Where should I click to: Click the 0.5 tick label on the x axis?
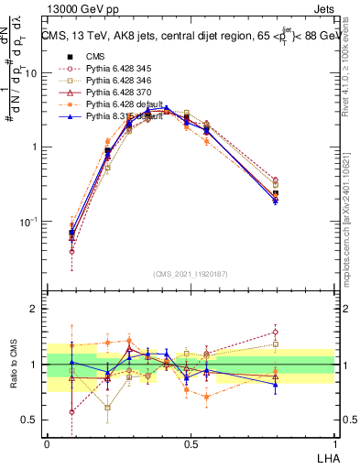[191, 442]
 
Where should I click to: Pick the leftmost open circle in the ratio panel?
[72, 411]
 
